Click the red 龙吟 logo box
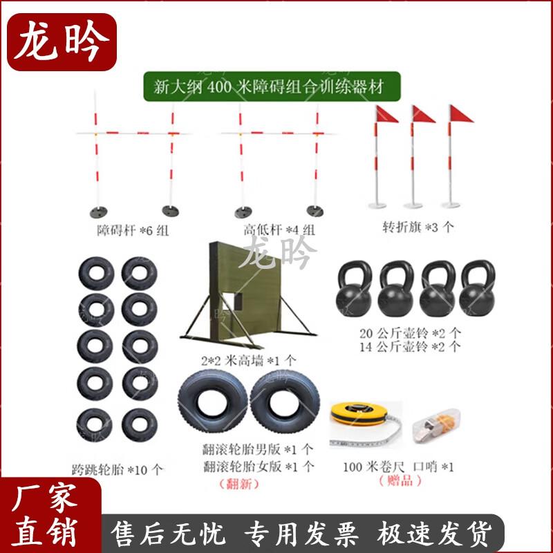[x=62, y=41]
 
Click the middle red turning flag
[x=422, y=115]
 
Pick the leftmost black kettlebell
[x=355, y=290]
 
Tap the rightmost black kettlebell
[x=477, y=290]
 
